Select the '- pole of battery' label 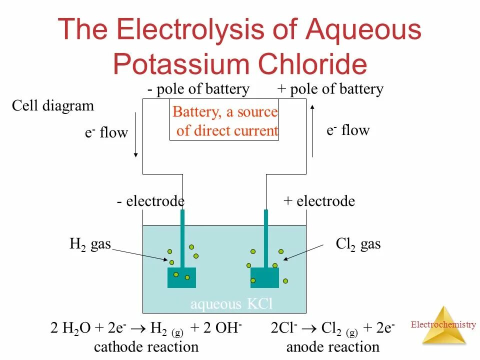pyautogui.click(x=198, y=89)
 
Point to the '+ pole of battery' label pyautogui.click(x=330, y=89)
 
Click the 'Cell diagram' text pyautogui.click(x=52, y=106)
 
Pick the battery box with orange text pyautogui.click(x=224, y=121)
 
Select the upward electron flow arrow pyautogui.click(x=312, y=130)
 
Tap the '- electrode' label pyautogui.click(x=151, y=201)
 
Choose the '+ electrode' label pyautogui.click(x=319, y=201)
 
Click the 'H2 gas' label pyautogui.click(x=90, y=244)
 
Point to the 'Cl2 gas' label pyautogui.click(x=358, y=244)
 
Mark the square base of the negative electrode pyautogui.click(x=181, y=277)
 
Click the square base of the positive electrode pyautogui.click(x=264, y=277)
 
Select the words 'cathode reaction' pyautogui.click(x=146, y=346)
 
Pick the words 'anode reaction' pyautogui.click(x=332, y=346)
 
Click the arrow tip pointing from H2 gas pyautogui.click(x=168, y=260)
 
